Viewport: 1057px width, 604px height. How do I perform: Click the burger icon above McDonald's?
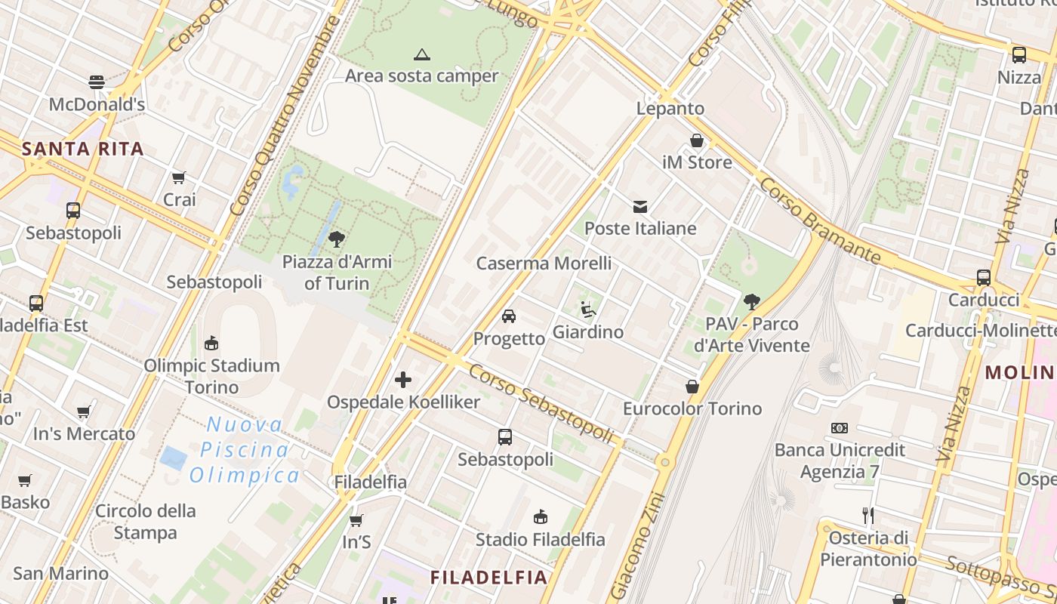click(97, 82)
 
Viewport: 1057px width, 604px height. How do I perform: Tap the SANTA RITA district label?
click(83, 149)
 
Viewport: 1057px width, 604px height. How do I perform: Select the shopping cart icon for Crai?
click(179, 178)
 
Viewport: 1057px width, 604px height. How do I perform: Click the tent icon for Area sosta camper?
click(422, 54)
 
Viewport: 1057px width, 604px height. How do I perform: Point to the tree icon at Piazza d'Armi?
click(337, 240)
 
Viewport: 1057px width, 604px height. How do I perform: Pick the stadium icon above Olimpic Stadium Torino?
click(211, 344)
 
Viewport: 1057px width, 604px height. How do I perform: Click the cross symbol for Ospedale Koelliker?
click(403, 379)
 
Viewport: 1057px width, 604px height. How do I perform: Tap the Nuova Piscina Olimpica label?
click(244, 450)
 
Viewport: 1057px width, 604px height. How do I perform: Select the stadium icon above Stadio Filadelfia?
click(540, 517)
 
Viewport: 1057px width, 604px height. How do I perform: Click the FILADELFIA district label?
click(488, 578)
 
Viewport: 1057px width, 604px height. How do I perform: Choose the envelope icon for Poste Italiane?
click(640, 206)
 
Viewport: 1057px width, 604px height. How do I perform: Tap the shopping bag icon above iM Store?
click(697, 140)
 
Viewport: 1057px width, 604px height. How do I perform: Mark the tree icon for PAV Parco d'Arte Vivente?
click(751, 302)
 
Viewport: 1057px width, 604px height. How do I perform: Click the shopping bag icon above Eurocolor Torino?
click(692, 387)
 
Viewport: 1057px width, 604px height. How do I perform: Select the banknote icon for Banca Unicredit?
click(840, 428)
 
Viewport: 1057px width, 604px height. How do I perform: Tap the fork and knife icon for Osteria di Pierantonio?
click(868, 516)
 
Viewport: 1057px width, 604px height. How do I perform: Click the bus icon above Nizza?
click(1019, 54)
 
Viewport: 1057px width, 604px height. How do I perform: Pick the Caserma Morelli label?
click(544, 263)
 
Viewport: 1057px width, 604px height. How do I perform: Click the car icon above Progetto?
click(509, 316)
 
